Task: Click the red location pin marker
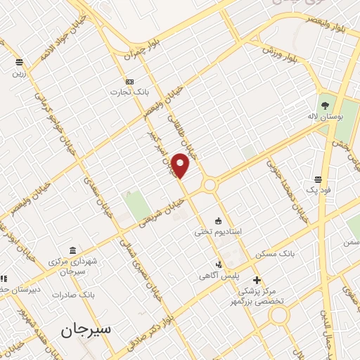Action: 181,165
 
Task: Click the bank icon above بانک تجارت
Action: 129,82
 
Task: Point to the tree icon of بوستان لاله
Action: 324,105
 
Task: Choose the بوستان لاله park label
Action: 323,116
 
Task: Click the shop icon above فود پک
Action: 318,180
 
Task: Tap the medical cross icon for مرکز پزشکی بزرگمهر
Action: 257,280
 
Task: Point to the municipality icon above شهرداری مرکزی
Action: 73,251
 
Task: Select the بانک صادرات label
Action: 77,293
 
